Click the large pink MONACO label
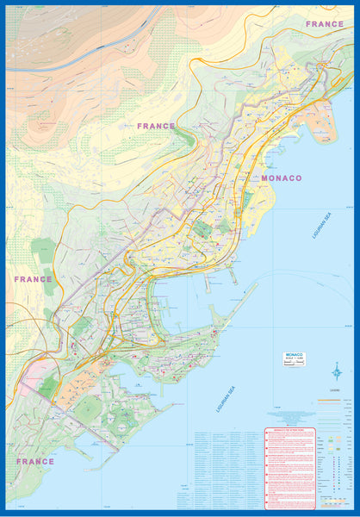281,178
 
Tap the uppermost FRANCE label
325,24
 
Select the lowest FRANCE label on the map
34,461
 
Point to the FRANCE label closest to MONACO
156,126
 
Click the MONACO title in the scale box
295,354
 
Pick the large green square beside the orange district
85,408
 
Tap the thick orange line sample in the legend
328,401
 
